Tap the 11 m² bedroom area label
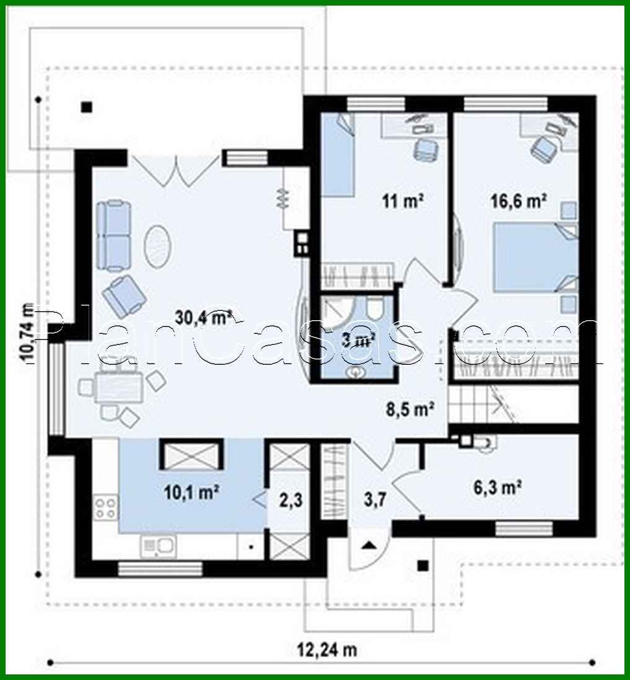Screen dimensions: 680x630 [402, 201]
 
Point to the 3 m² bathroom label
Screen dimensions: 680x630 [359, 339]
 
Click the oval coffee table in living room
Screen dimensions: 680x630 [159, 245]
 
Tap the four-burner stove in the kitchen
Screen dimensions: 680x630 [105, 507]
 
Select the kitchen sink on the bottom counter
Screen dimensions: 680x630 [159, 546]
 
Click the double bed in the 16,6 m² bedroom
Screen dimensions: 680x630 [536, 257]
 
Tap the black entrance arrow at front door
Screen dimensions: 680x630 [369, 545]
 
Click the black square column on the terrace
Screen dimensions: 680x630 [87, 107]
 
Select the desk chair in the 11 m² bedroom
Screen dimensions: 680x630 [425, 148]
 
